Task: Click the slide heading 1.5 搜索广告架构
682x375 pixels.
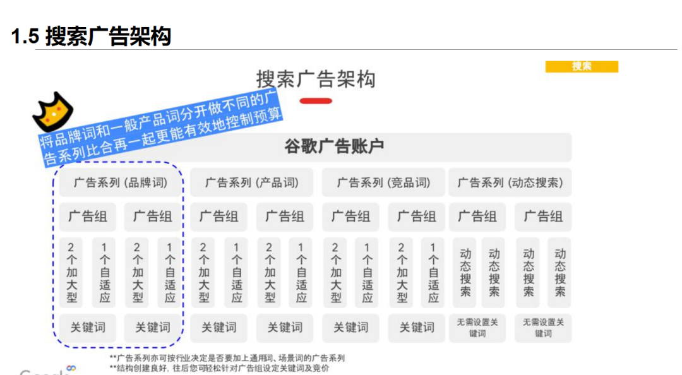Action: [x=92, y=37]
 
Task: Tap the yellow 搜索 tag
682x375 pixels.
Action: [x=582, y=66]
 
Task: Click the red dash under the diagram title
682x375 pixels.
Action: [x=316, y=101]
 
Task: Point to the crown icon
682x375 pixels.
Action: [x=53, y=112]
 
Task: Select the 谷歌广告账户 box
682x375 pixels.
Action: [x=334, y=147]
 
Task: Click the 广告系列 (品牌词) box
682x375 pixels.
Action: [x=121, y=183]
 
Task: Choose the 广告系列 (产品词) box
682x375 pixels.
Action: [x=252, y=183]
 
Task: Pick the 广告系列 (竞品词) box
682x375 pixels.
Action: [x=383, y=183]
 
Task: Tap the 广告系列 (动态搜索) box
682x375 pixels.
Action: [x=510, y=183]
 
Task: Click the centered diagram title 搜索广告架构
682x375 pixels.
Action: [x=316, y=80]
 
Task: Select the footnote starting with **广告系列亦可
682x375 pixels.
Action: [x=227, y=358]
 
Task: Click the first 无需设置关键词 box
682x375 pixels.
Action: [x=477, y=328]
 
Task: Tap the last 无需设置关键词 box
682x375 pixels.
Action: [x=543, y=328]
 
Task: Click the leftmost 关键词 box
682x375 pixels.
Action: [x=88, y=328]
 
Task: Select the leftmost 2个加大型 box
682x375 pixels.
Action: [x=72, y=272]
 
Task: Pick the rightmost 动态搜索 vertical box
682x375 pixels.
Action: [x=559, y=272]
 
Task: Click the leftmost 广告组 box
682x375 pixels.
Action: [x=88, y=217]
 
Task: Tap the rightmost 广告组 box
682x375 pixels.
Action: [x=543, y=217]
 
